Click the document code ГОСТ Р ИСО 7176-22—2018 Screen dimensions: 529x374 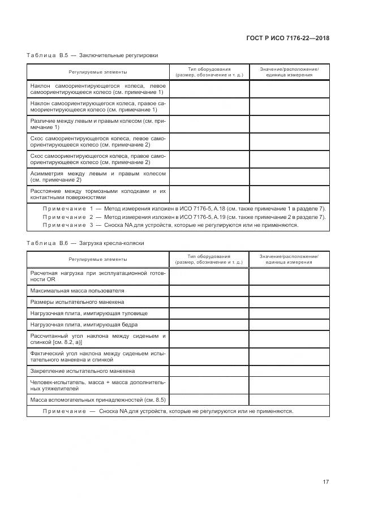[288, 38]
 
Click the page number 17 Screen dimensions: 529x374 [325, 482]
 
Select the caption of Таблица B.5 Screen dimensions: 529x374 [92, 56]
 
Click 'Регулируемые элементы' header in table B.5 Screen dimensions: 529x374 [98, 72]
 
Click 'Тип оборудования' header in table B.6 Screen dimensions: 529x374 [209, 256]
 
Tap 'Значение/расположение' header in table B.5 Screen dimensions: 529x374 [289, 69]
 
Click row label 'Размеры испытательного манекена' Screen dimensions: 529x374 [81, 302]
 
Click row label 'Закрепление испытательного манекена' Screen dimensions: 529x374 [82, 371]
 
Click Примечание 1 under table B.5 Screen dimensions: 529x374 [184, 208]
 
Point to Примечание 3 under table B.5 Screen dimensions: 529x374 [170, 225]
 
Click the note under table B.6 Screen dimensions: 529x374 [168, 411]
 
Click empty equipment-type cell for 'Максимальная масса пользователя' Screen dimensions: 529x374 [209, 290]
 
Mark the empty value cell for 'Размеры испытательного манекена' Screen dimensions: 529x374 [289, 302]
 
